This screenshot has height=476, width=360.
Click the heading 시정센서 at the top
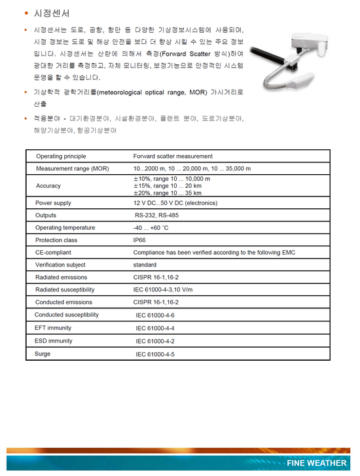click(52, 13)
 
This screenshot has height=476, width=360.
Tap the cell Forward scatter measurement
click(173, 156)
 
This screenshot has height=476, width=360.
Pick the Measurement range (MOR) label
click(73, 169)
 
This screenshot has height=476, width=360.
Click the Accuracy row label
click(48, 186)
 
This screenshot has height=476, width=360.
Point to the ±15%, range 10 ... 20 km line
click(168, 186)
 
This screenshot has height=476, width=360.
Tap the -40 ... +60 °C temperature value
click(151, 228)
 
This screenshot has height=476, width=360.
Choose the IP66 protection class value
click(139, 240)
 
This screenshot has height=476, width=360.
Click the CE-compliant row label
click(54, 253)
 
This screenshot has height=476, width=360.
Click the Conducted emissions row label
click(64, 302)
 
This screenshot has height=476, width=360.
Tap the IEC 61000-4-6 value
click(155, 316)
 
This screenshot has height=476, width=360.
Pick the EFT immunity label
click(53, 328)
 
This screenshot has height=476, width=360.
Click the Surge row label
click(43, 354)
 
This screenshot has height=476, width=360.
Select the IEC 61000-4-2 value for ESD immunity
click(155, 341)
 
